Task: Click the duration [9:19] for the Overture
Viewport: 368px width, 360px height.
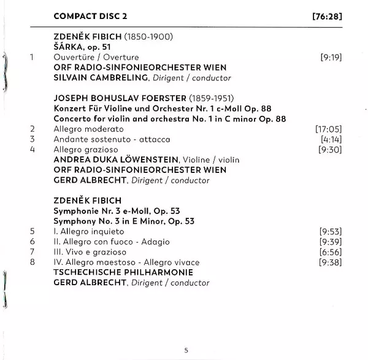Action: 331,57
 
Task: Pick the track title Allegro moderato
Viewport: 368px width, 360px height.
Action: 88,129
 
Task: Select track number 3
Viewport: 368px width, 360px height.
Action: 31,139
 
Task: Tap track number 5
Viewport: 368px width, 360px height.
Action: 31,232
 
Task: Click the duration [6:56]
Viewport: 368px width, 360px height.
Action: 331,252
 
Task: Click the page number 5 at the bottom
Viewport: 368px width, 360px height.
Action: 186,350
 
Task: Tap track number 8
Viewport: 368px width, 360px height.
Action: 31,262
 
